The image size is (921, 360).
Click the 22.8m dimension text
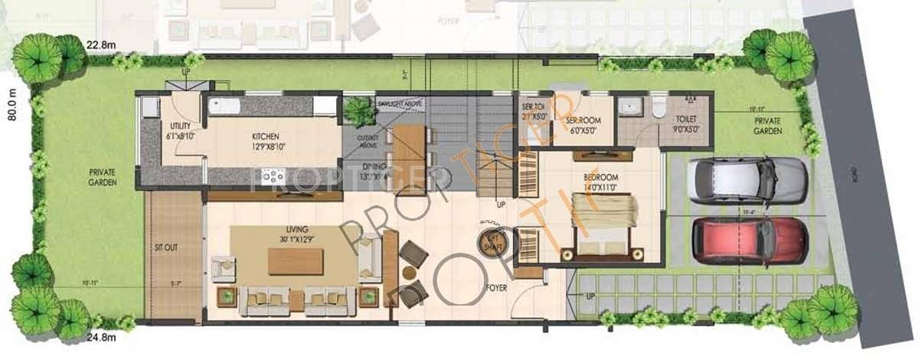pos(101,44)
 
